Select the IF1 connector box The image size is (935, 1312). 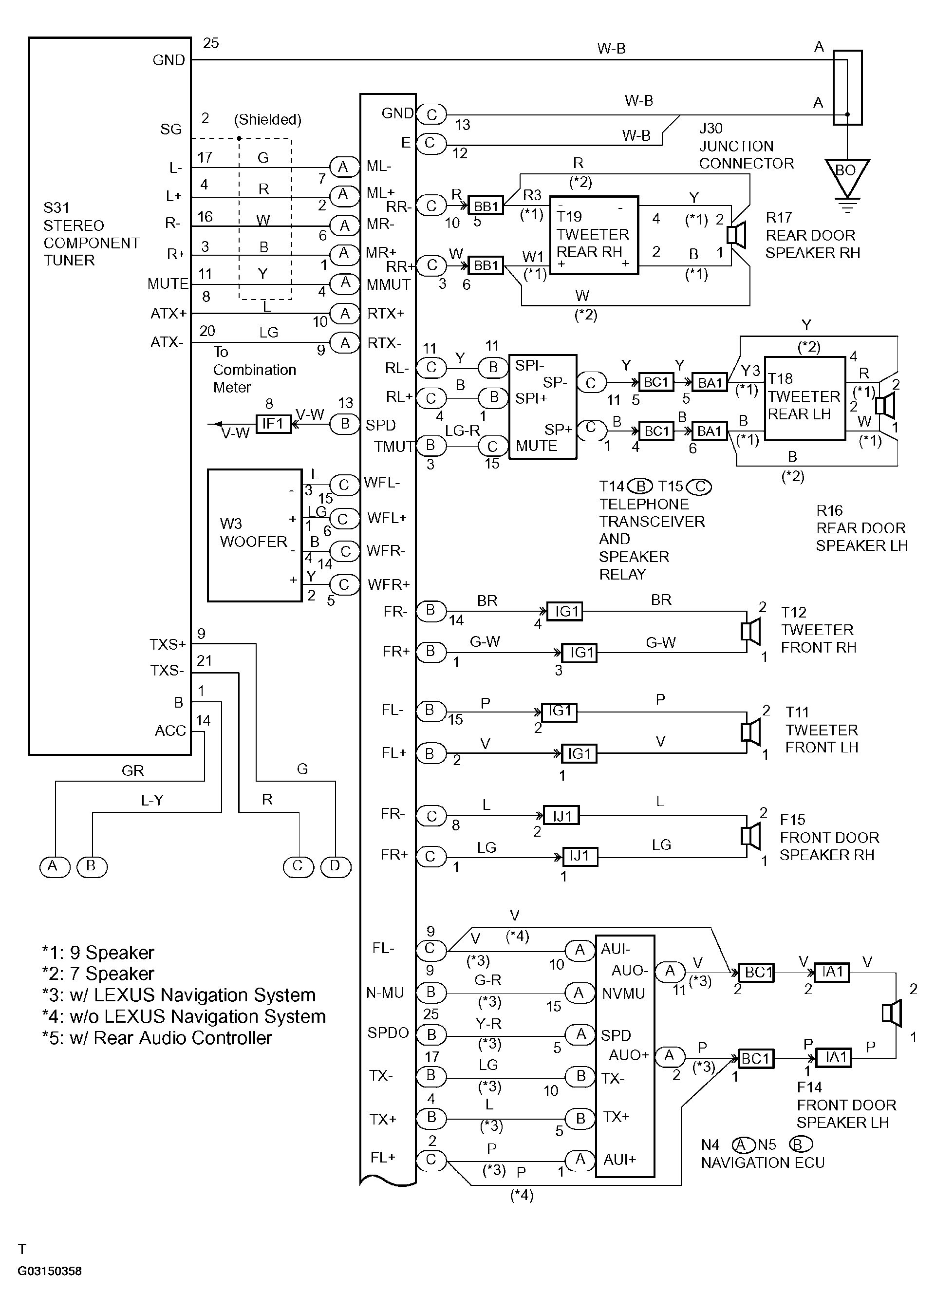pyautogui.click(x=274, y=424)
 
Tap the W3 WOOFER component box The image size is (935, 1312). pyautogui.click(x=255, y=535)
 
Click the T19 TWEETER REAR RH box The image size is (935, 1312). pyautogui.click(x=594, y=235)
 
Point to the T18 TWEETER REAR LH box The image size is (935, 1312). pyautogui.click(x=805, y=398)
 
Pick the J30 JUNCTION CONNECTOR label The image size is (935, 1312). pyautogui.click(x=746, y=146)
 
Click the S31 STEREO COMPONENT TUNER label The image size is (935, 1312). pyautogui.click(x=91, y=234)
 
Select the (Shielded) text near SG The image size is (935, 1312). pyautogui.click(x=268, y=120)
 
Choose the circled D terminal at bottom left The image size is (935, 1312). pyautogui.click(x=335, y=866)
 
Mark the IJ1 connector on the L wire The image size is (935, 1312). pyautogui.click(x=561, y=816)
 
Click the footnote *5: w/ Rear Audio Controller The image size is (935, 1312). pyautogui.click(x=157, y=1038)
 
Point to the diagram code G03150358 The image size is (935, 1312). pyautogui.click(x=50, y=1271)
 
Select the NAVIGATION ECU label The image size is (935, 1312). pyautogui.click(x=762, y=1163)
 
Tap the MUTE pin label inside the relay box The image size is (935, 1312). pyautogui.click(x=537, y=446)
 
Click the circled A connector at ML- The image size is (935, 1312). pyautogui.click(x=344, y=167)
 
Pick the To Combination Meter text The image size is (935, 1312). pyautogui.click(x=255, y=370)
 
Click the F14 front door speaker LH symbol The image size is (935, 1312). pyautogui.click(x=892, y=1013)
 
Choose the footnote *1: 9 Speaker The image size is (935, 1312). pyautogui.click(x=98, y=954)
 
